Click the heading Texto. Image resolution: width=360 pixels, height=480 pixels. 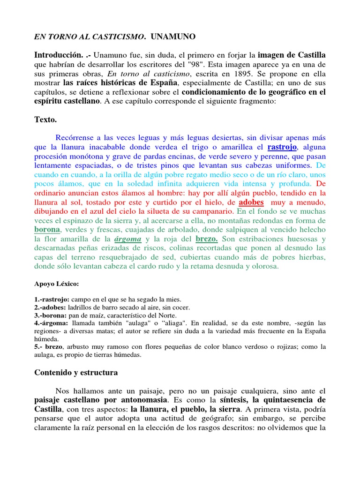[45, 120]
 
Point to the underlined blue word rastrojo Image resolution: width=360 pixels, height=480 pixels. [282, 148]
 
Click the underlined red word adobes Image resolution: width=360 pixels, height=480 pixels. [251, 202]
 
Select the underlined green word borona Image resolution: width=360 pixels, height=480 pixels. [47, 230]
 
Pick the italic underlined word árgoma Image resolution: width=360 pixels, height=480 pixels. [127, 239]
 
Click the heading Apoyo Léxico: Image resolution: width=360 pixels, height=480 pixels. [57, 284]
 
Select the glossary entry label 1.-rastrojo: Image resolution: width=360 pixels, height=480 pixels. [52, 299]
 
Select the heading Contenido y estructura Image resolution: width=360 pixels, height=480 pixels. [76, 373]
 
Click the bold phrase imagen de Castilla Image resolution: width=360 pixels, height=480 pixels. [292, 55]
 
